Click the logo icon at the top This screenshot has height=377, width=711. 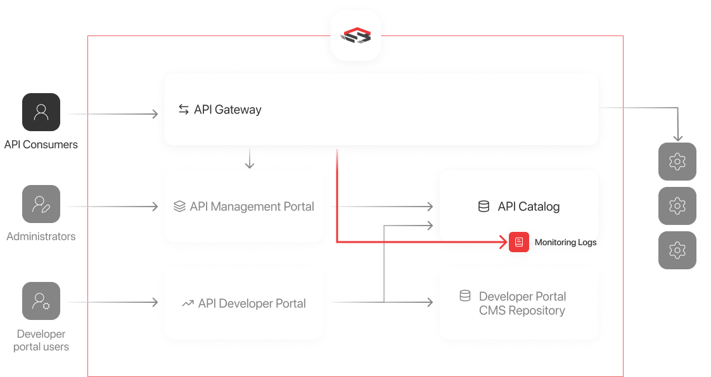click(355, 35)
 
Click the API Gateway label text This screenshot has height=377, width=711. click(227, 110)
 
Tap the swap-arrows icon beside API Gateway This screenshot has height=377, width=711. click(184, 110)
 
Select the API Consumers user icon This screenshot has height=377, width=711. click(41, 113)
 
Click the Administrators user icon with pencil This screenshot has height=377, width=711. click(41, 205)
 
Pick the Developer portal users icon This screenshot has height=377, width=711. click(41, 301)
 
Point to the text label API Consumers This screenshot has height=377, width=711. click(41, 144)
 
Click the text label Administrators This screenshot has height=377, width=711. click(41, 236)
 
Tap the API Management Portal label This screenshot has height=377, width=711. click(252, 207)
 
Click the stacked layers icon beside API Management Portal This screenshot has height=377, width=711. click(179, 207)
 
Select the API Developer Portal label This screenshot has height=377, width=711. click(252, 304)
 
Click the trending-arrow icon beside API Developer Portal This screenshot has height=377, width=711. click(188, 304)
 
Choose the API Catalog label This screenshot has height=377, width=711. click(528, 207)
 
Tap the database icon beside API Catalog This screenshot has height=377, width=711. click(484, 207)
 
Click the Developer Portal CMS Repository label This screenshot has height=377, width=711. click(522, 304)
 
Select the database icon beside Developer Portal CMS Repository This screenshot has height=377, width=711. click(465, 296)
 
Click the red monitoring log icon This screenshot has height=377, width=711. click(519, 242)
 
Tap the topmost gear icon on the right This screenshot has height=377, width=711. click(677, 162)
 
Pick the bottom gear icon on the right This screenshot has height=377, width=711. click(677, 250)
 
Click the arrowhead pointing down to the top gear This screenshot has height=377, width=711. click(677, 137)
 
